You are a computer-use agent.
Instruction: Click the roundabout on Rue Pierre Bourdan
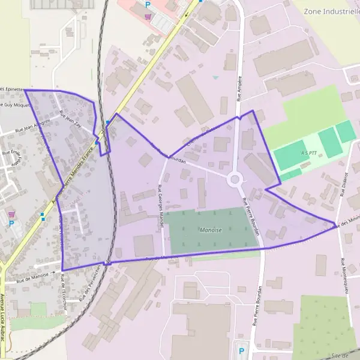tap(235, 179)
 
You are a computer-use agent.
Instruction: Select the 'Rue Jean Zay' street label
tap(71, 121)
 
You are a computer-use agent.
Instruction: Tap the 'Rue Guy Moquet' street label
tap(14, 104)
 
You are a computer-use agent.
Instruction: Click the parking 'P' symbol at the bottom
tap(242, 351)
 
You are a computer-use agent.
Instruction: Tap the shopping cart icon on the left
tap(11, 213)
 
